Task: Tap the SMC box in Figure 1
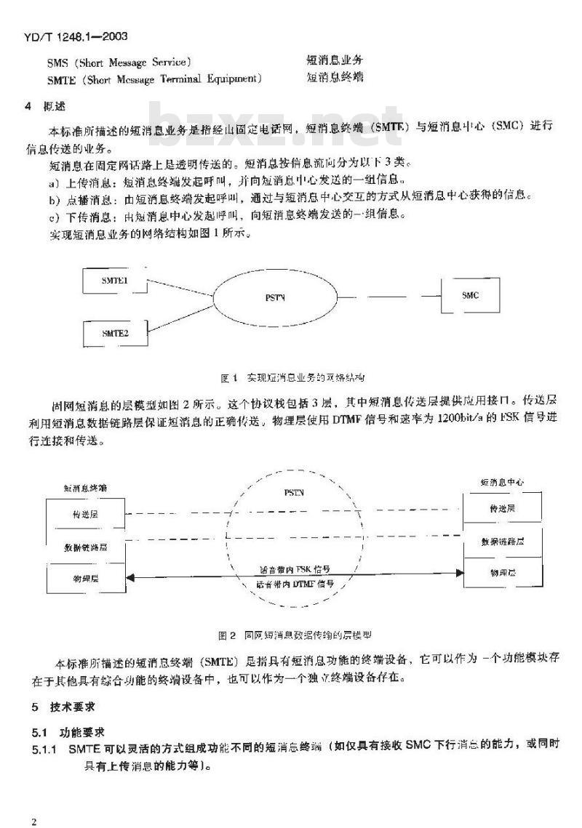pos(471,295)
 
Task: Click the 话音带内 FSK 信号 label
pos(299,569)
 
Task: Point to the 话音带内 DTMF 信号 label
pos(299,584)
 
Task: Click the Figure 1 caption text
pos(291,378)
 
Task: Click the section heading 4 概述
pos(45,106)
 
